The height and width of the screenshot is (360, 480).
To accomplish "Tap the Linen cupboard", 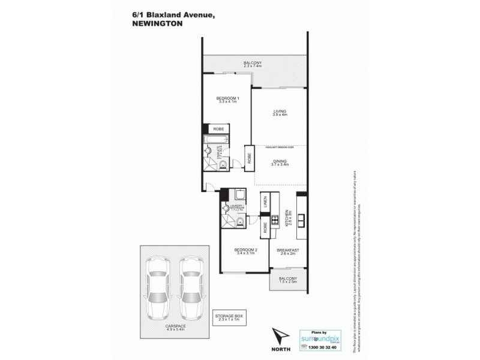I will (263, 204).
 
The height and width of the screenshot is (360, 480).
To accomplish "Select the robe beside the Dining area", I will (248, 155).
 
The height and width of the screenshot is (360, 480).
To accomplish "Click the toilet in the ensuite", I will (222, 164).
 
